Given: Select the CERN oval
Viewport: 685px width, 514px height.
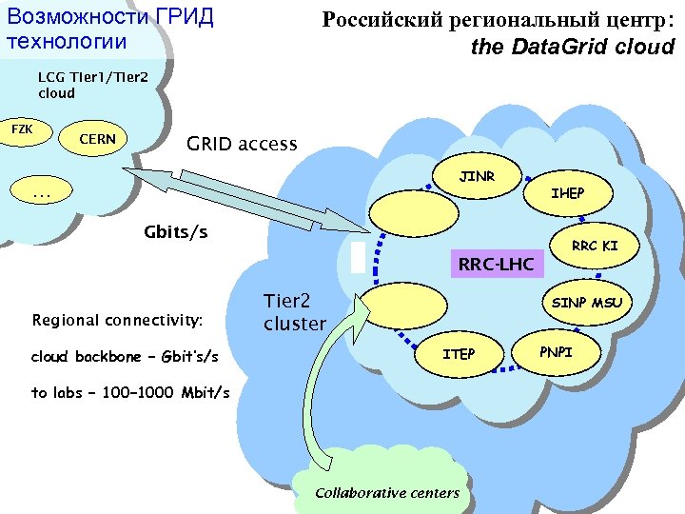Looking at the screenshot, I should pos(96,139).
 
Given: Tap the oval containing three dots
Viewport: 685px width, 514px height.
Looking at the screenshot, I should pos(41,195).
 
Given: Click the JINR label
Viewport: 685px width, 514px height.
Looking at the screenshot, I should pos(477,177).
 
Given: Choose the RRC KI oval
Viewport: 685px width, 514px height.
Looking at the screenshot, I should pos(595,246).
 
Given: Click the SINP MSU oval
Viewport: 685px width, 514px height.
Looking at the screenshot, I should pos(587,303).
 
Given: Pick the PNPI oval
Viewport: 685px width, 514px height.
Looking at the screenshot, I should pos(557,352).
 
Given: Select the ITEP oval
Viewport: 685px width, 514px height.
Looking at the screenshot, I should pos(459,354).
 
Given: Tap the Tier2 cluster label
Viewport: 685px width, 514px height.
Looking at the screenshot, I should pos(294,312).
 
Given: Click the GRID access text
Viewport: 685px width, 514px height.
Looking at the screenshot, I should pos(242,145).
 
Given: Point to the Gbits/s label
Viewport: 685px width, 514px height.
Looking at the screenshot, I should pos(175,232).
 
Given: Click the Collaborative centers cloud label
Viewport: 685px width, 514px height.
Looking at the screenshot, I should pos(386,492).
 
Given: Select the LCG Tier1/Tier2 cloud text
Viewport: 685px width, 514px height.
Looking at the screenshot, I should pos(91,85).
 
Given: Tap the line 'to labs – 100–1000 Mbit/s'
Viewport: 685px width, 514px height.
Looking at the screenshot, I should pos(130,392).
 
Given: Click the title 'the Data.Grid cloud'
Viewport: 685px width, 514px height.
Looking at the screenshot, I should pos(572,47).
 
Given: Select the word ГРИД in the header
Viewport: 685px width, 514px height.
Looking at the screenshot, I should pos(181,17).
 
